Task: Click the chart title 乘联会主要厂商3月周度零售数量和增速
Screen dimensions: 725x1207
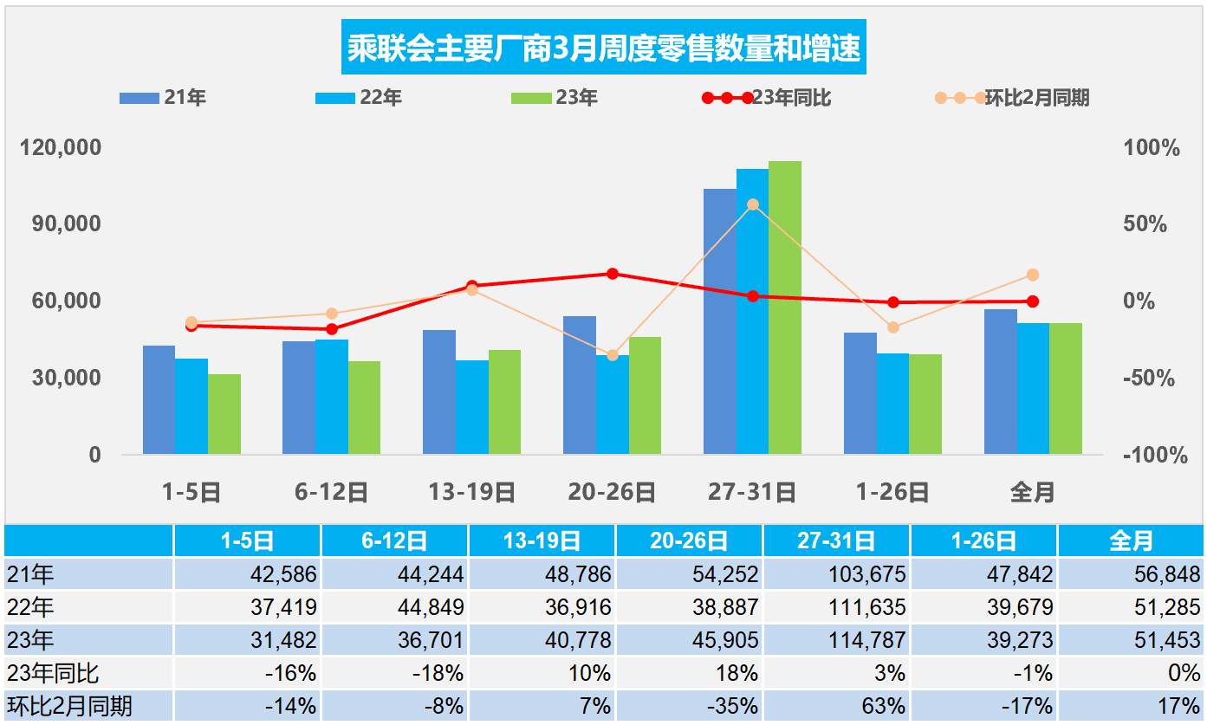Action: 604,49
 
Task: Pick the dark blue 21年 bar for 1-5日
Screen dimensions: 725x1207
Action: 159,399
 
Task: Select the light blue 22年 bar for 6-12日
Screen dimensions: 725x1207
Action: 331,397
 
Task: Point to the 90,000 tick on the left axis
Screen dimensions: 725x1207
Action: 60,223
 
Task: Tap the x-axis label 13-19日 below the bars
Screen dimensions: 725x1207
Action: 471,493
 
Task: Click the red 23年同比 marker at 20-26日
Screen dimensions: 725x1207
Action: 612,274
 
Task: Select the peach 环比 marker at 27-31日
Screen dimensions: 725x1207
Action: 752,204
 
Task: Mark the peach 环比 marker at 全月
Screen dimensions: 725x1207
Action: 1033,275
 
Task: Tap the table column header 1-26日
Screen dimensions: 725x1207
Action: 983,541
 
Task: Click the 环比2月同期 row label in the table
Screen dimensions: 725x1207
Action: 69,706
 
